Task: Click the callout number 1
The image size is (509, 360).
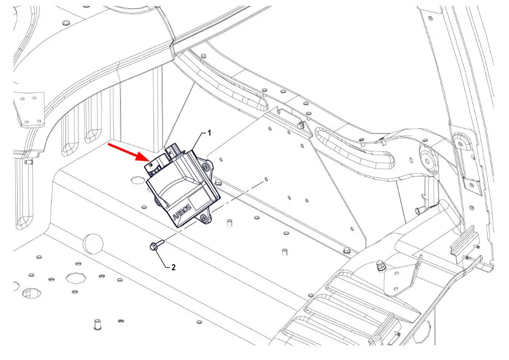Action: coord(210,132)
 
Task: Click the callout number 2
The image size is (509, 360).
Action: coord(173,267)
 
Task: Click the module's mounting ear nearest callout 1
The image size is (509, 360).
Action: coord(206,166)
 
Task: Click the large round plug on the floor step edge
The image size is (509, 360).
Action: coord(93,242)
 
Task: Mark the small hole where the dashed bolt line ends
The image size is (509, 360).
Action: coord(266,179)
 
